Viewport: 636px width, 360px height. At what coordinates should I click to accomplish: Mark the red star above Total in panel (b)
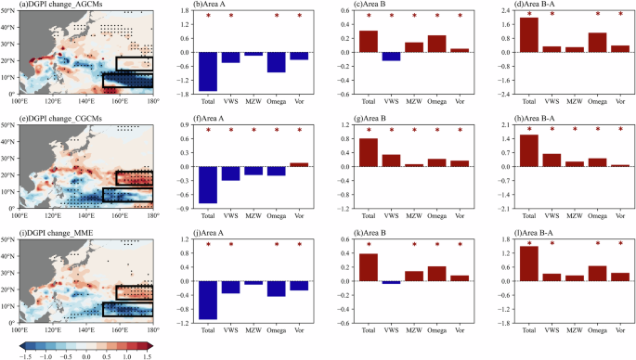[208, 16]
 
